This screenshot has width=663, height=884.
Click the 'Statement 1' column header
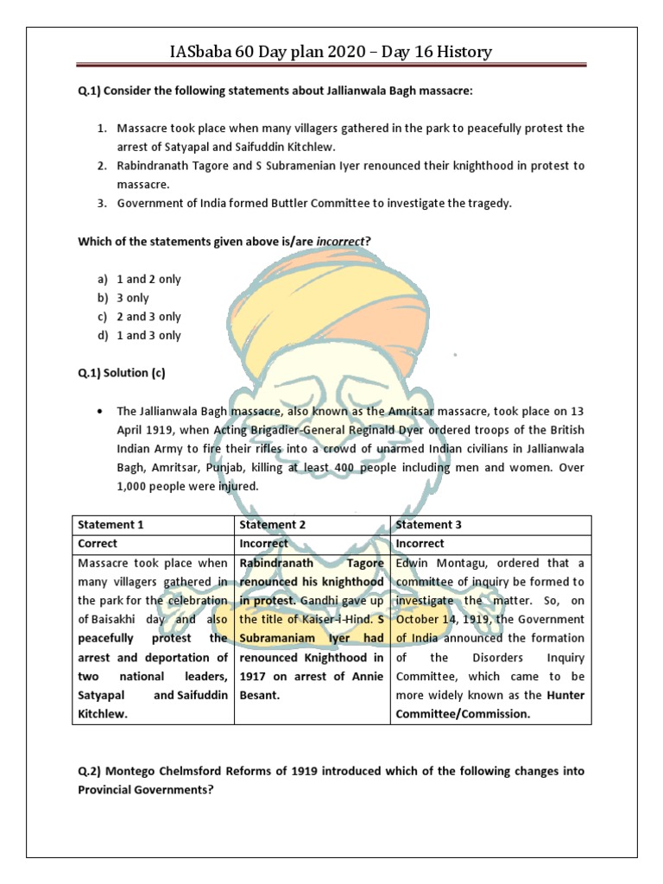[x=106, y=525]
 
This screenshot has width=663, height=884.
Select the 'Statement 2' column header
[x=272, y=525]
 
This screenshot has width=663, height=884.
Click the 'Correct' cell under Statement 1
[x=98, y=544]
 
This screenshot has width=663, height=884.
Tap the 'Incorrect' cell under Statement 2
[x=263, y=544]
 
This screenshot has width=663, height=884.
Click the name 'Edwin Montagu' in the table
[x=438, y=563]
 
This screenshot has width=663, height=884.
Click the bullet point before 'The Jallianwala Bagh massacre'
[x=102, y=411]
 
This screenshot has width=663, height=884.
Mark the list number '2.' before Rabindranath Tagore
[x=101, y=166]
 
